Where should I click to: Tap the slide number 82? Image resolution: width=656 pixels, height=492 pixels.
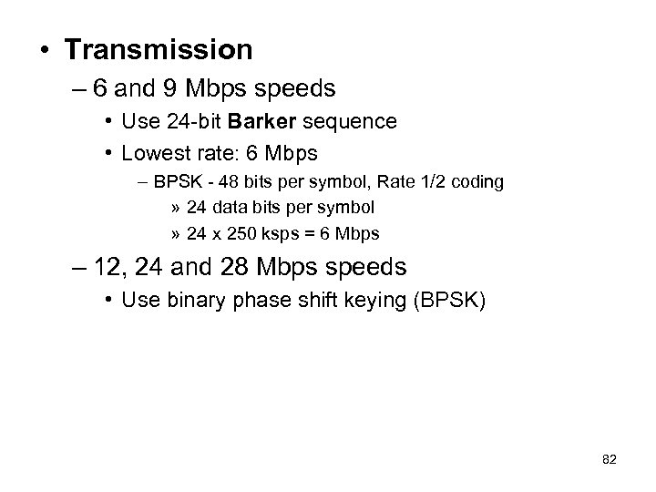pos(610,460)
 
